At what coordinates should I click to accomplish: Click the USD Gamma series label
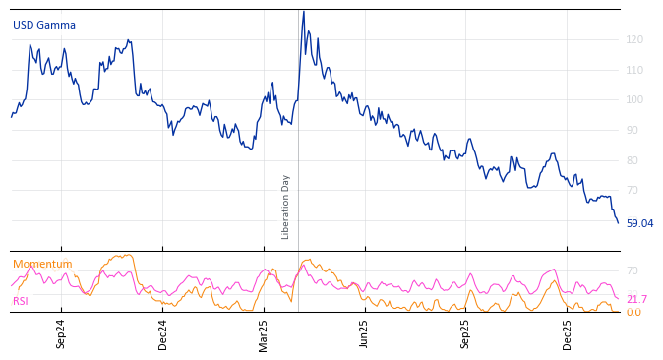(x=44, y=26)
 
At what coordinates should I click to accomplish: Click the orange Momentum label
(x=42, y=265)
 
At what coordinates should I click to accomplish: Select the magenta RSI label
(x=21, y=301)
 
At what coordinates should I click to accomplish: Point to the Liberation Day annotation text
(x=286, y=207)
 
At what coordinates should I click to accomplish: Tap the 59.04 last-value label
(x=639, y=224)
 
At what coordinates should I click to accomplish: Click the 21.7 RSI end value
(x=636, y=300)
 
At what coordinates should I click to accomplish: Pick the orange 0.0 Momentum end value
(x=633, y=313)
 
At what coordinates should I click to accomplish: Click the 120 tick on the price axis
(x=634, y=40)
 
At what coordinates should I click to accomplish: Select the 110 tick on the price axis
(x=634, y=70)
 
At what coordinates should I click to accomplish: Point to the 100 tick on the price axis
(x=634, y=100)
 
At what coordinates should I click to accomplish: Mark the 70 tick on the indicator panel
(x=632, y=271)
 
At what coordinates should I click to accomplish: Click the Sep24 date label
(x=61, y=333)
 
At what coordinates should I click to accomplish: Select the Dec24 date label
(x=163, y=333)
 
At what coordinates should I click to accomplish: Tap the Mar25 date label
(x=264, y=333)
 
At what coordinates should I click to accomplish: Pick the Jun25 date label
(x=364, y=333)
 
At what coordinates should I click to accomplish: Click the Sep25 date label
(x=465, y=333)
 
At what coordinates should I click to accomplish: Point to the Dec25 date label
(x=568, y=333)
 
